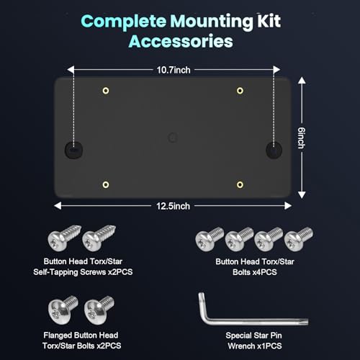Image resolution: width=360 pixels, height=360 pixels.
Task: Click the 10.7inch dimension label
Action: [x=174, y=70]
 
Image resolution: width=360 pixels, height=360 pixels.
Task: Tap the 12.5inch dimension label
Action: [x=173, y=206]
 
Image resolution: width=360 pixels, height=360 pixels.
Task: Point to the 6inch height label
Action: [x=302, y=138]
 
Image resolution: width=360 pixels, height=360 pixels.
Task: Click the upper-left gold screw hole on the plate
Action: [x=106, y=91]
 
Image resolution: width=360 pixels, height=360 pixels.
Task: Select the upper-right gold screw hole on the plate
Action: [x=240, y=91]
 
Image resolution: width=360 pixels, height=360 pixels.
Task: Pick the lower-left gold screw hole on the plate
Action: [x=106, y=184]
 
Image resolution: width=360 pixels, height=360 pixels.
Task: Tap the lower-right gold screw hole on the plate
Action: [x=240, y=184]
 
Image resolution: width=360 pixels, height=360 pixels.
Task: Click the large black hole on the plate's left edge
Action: [x=74, y=150]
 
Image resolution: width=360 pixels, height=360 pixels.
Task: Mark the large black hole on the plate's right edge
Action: [x=274, y=150]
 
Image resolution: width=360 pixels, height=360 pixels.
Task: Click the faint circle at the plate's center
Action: [x=172, y=138]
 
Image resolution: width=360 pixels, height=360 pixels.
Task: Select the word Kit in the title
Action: [x=269, y=21]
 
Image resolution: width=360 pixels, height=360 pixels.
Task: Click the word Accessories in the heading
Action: [x=181, y=41]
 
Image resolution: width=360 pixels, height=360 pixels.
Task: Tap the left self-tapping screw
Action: [x=64, y=237]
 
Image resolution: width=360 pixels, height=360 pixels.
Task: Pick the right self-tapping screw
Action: [x=99, y=238]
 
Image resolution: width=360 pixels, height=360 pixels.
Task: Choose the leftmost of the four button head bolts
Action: [x=210, y=238]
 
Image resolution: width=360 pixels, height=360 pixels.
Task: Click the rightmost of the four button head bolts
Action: [x=299, y=238]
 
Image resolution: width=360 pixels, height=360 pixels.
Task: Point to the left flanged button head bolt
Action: [x=63, y=310]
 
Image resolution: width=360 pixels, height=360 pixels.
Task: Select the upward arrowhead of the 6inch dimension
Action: [x=302, y=81]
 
